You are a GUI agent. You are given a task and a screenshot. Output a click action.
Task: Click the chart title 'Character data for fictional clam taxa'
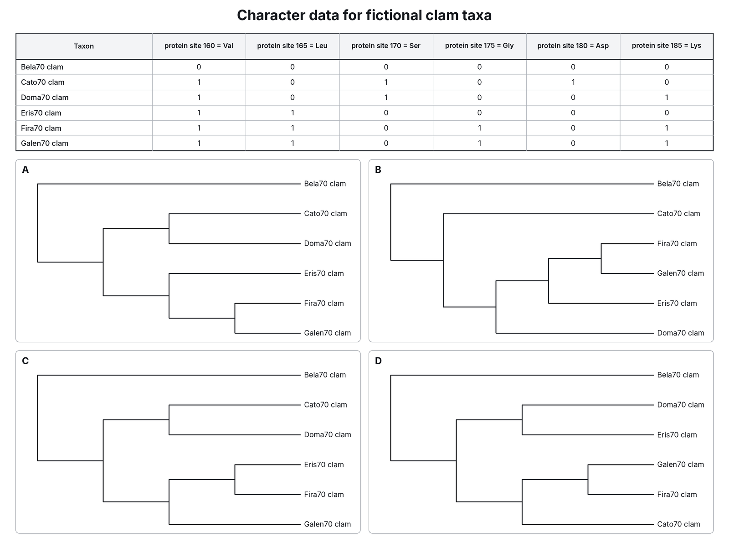coord(364,15)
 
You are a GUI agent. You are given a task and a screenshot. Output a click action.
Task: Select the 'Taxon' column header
coord(84,46)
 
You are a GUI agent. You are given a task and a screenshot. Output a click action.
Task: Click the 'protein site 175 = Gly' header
coord(479,46)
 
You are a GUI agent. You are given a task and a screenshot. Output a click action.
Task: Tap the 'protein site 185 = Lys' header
coord(666,46)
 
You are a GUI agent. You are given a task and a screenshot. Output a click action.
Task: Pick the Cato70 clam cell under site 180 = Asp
coord(573,82)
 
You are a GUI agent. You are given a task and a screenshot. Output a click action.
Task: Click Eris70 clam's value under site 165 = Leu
coord(292,113)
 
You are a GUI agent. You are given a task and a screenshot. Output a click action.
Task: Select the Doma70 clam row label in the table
coord(45,97)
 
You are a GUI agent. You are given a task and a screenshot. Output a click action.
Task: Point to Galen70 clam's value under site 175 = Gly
coord(479,143)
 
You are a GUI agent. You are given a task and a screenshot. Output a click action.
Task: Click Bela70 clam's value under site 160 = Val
coord(199,67)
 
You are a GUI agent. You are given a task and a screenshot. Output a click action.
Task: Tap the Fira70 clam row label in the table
coord(41,128)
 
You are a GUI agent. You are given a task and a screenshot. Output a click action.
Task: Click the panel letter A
coord(25,170)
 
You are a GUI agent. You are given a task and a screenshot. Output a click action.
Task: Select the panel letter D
coord(378,361)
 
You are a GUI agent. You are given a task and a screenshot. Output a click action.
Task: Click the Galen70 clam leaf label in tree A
coord(328,333)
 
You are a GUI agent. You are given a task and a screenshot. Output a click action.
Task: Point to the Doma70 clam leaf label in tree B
coord(681,333)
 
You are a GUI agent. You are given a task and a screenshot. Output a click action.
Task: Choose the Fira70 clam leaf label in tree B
coord(677,243)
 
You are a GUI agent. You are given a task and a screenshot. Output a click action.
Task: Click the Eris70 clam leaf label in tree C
coord(324,464)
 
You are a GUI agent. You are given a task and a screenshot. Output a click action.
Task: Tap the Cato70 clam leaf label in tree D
coord(678,524)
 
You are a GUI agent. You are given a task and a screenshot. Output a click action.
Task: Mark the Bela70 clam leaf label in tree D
coord(678,375)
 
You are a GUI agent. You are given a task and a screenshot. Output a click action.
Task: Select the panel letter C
coord(25,361)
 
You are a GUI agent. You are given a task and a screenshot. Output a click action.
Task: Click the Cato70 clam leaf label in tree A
coord(325,213)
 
